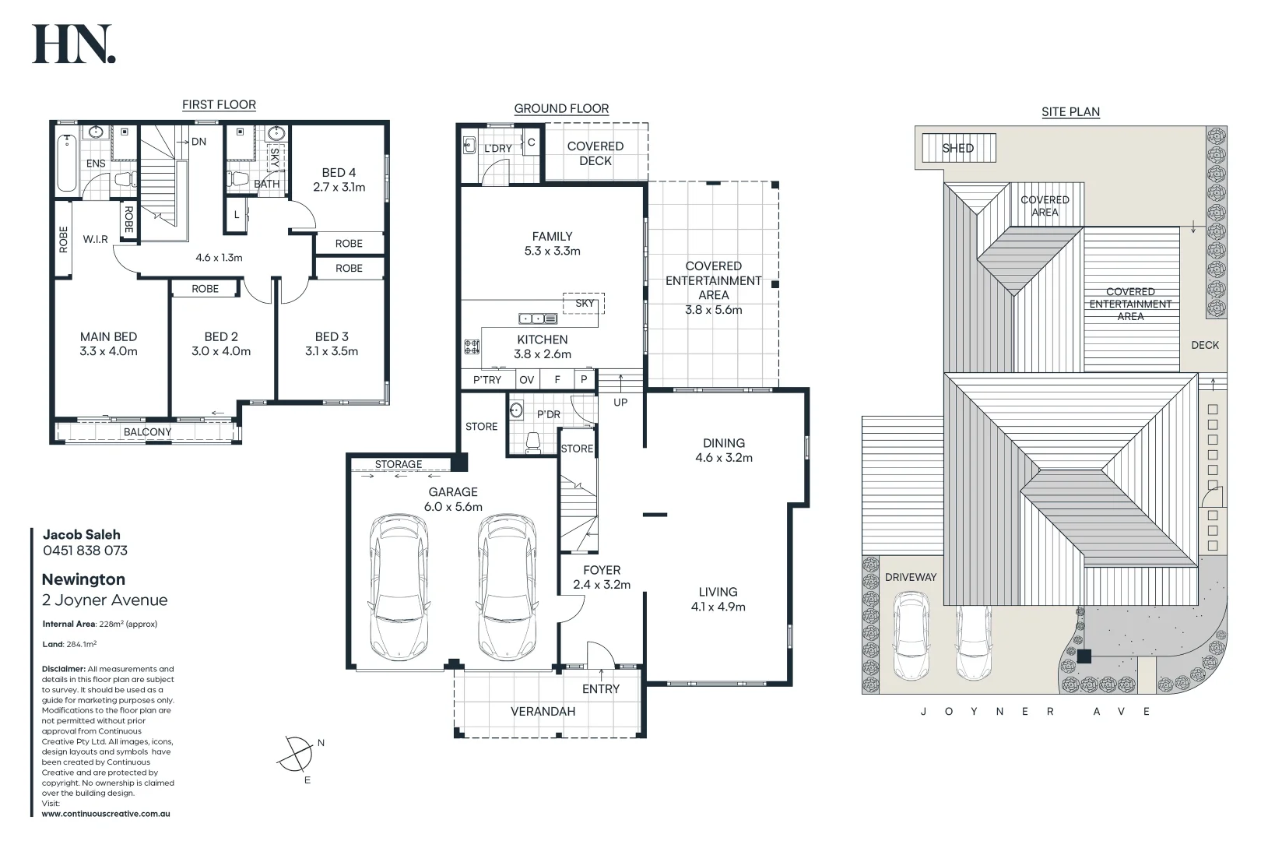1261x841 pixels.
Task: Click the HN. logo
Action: pos(74,44)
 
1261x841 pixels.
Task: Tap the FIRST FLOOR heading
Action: pos(219,104)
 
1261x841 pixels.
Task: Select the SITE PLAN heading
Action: pos(1070,111)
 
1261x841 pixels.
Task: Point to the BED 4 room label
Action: pos(339,173)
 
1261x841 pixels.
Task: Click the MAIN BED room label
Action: pos(108,336)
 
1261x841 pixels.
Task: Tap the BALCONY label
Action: pos(147,432)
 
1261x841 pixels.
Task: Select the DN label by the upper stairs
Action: pos(198,142)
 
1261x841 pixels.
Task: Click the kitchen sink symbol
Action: pos(537,318)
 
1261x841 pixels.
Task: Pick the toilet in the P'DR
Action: pos(533,442)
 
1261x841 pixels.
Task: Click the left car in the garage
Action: pos(399,587)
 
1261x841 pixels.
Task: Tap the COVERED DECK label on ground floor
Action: pos(595,153)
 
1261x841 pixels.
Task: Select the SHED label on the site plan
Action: pos(957,148)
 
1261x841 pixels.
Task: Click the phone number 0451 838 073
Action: pos(85,551)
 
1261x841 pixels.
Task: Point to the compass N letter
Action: pos(321,743)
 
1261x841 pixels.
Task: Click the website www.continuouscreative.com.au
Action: pos(106,814)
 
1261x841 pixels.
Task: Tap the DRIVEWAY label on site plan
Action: pos(910,577)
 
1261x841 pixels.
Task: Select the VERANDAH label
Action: pos(543,712)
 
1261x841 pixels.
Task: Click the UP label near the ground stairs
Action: pos(620,403)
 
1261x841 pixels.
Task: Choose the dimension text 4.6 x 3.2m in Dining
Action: pos(723,458)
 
